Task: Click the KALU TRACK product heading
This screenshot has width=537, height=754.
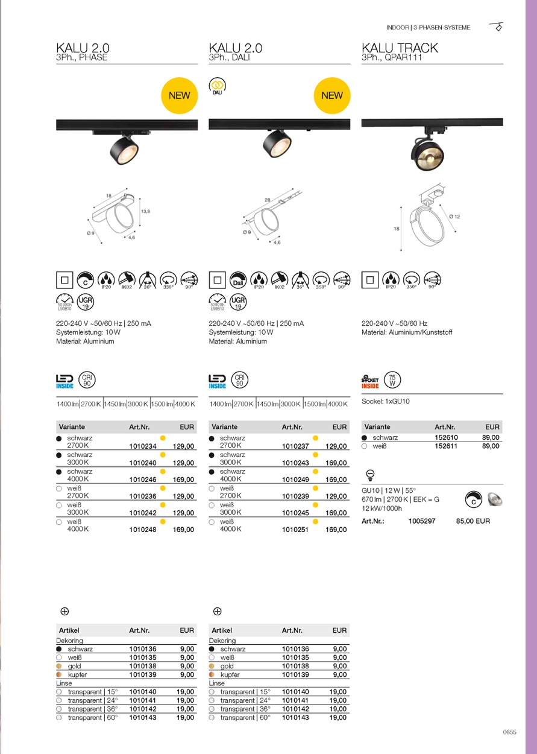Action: tap(400, 48)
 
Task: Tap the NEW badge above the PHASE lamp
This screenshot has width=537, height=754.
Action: tap(179, 95)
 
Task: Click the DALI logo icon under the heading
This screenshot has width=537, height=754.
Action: tap(217, 86)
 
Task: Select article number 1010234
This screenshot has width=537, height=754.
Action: tap(143, 446)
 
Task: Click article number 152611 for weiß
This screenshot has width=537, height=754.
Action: tap(446, 446)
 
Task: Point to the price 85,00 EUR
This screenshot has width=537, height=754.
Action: tap(473, 521)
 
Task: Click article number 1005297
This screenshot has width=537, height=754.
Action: tap(421, 521)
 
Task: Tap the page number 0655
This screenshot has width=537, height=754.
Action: tap(509, 732)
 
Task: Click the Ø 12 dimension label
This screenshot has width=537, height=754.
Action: tap(454, 217)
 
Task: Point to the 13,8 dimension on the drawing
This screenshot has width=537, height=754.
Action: tap(145, 212)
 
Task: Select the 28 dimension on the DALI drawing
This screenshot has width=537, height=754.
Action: tap(266, 200)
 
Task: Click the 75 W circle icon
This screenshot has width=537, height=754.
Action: tap(392, 380)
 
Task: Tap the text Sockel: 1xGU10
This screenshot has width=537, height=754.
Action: tap(386, 401)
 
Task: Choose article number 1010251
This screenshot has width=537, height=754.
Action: tap(295, 530)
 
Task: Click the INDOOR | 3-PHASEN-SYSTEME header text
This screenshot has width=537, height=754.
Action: tap(428, 28)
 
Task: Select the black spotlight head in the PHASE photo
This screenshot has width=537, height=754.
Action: tap(124, 150)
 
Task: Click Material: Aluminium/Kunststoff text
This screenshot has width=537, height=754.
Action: tap(406, 332)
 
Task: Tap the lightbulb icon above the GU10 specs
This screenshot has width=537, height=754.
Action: tap(371, 474)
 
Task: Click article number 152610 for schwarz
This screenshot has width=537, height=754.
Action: tap(446, 438)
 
